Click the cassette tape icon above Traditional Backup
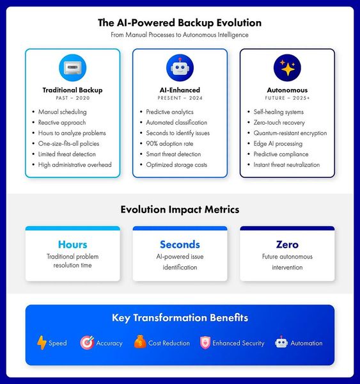tap(72, 68)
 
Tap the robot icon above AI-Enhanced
tap(180, 68)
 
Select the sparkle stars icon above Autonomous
tap(287, 68)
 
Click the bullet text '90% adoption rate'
tap(169, 143)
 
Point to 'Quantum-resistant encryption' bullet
tap(290, 133)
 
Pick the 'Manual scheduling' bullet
tap(63, 112)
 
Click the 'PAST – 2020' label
tap(73, 98)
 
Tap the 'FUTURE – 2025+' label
tap(287, 98)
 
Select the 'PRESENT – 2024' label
tap(180, 98)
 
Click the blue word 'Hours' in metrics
tap(73, 244)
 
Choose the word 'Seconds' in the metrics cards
tap(180, 244)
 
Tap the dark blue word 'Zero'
tap(287, 244)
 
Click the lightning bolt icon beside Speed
tap(42, 342)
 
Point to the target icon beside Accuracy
tap(87, 342)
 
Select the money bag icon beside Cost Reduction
tap(140, 342)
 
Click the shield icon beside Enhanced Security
tap(205, 342)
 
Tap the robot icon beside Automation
tap(281, 342)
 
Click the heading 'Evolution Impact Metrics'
tap(180, 210)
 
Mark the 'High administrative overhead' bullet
tap(75, 165)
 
